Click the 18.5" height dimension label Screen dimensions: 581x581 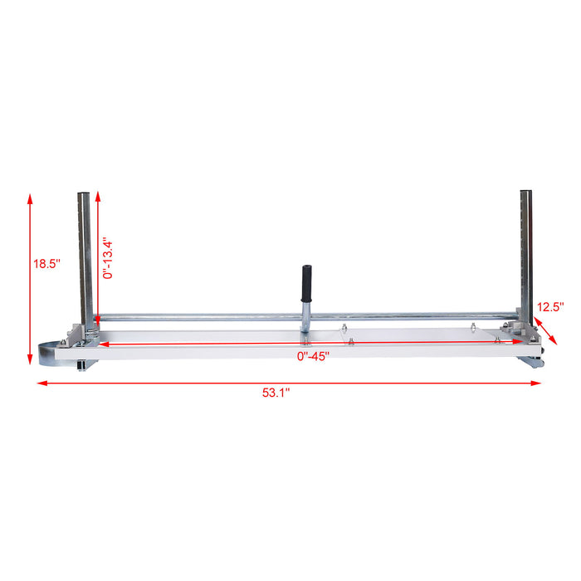tap(46, 265)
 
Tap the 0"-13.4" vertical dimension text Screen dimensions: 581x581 tap(108, 259)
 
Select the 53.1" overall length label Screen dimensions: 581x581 tap(276, 394)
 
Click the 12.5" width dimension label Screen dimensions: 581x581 tap(549, 306)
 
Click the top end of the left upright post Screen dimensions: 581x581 tap(85, 196)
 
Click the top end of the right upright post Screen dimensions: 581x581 tap(525, 194)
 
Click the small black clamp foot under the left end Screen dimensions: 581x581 tap(81, 366)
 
